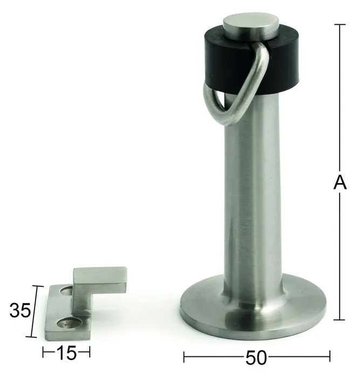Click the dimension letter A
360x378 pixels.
339,182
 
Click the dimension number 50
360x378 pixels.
256,357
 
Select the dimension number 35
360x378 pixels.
21,310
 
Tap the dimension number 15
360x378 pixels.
66,353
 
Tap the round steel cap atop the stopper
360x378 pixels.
250,25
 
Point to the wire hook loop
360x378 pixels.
255,79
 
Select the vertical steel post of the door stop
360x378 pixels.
253,193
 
